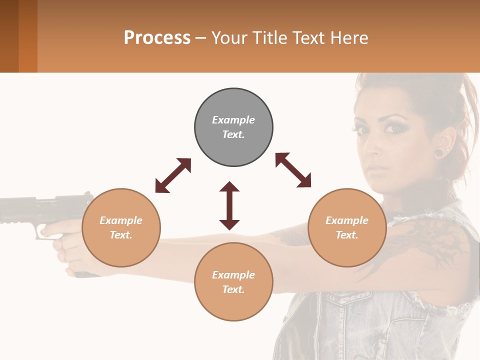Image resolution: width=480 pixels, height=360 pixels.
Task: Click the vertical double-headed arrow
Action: coord(229,205)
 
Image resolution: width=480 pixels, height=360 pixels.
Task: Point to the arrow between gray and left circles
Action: coord(173,175)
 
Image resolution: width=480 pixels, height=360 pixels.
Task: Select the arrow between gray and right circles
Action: coord(293,170)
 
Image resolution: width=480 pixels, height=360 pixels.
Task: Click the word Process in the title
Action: coord(157,37)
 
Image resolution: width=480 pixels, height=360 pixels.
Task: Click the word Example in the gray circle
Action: coord(233,120)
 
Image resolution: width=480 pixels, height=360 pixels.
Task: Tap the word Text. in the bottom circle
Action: coord(233,289)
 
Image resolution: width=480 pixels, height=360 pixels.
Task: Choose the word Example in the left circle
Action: coord(121,220)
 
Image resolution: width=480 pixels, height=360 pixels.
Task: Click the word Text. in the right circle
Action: coord(347,235)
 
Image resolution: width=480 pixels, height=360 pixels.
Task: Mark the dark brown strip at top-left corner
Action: coord(9,36)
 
